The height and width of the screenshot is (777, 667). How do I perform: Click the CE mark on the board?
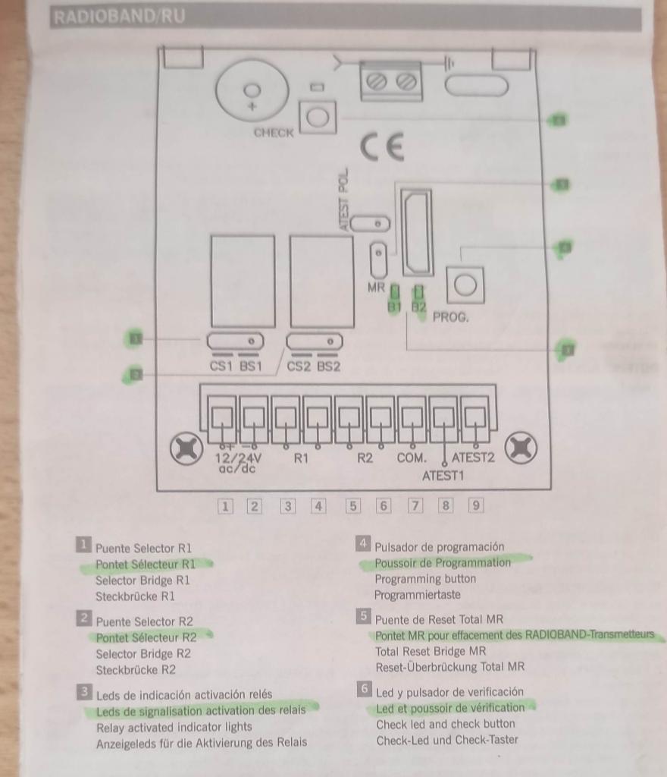381,146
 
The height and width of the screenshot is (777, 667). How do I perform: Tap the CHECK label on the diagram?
274,133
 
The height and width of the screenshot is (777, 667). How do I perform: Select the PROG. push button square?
465,285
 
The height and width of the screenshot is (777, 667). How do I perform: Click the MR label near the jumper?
376,287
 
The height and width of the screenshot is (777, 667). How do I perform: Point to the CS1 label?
221,366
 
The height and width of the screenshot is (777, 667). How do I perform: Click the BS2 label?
328,366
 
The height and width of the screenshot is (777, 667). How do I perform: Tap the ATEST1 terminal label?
443,476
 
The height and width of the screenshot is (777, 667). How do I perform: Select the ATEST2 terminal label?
473,458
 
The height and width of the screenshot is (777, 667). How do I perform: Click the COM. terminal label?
411,458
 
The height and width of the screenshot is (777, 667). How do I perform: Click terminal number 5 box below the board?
352,506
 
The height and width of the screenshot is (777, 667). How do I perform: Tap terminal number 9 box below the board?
475,505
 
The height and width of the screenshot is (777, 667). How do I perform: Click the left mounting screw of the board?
186,448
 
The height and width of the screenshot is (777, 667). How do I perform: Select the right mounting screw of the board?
521,448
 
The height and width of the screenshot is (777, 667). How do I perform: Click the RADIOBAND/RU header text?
119,17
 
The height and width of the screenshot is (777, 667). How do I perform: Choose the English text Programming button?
425,579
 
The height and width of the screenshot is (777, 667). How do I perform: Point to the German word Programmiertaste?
417,595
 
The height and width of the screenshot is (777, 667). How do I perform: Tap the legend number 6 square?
364,689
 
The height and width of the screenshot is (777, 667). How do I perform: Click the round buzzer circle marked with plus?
252,90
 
